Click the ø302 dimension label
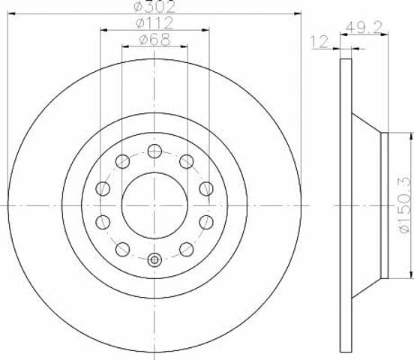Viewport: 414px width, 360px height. (154, 6)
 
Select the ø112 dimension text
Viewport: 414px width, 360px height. (154, 22)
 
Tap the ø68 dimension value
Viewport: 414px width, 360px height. (155, 40)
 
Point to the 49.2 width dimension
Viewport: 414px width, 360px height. (364, 28)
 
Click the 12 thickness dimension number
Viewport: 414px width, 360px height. (320, 42)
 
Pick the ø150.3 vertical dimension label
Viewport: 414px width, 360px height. (405, 205)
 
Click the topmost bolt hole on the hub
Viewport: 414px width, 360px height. (154, 151)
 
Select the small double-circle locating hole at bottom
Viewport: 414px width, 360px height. (154, 260)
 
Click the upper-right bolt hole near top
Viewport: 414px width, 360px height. (187, 161)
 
